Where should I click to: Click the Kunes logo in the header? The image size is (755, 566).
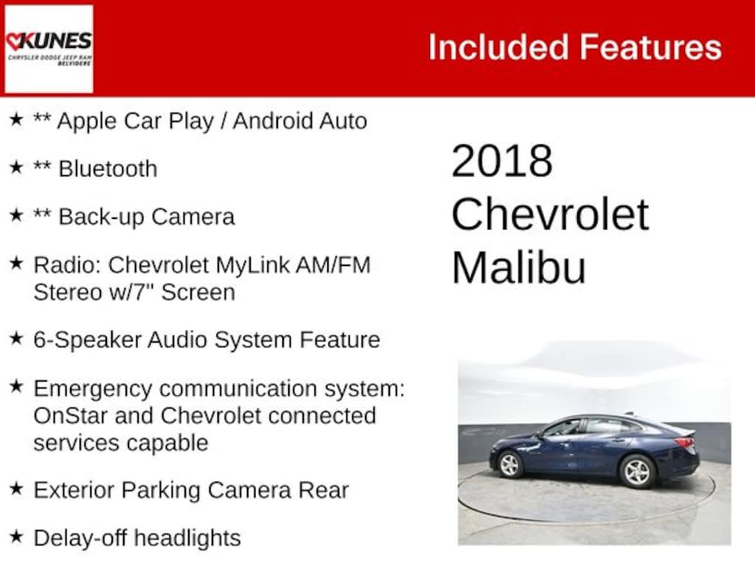point(49,49)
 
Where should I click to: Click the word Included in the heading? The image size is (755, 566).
point(499,47)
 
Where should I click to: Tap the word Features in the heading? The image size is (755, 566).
point(650,47)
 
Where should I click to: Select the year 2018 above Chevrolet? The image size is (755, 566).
point(502,161)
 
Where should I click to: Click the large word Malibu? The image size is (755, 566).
point(518,267)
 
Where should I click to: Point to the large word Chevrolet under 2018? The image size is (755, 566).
point(550,214)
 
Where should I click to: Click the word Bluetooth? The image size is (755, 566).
point(108,169)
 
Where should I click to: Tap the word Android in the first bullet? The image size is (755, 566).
point(273,121)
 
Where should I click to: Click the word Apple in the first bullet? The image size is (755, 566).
point(87,122)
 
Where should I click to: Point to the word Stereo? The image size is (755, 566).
point(67,293)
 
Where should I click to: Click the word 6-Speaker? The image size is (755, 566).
point(88,340)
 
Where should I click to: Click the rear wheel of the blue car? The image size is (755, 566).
point(637,471)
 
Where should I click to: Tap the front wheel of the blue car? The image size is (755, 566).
point(509,465)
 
